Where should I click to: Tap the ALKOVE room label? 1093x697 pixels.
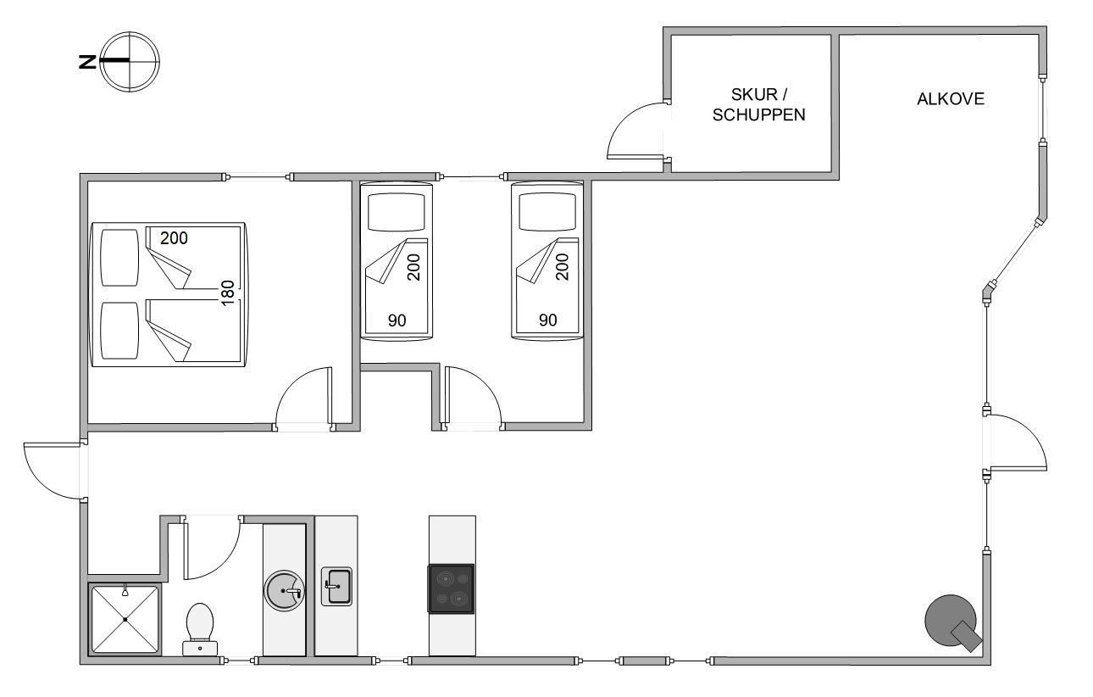tap(951, 99)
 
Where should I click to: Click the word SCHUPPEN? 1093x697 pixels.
tap(759, 114)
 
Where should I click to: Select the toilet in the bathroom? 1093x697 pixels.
tap(200, 628)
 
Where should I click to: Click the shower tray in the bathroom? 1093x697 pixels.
tap(125, 619)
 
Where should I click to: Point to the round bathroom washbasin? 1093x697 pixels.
tap(284, 590)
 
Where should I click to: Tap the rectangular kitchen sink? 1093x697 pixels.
tap(336, 586)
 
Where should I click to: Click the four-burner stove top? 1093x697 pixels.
tap(452, 588)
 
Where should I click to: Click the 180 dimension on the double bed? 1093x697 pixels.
tap(228, 293)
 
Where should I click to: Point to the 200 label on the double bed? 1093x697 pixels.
tap(174, 238)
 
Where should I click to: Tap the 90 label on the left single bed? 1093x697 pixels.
tap(397, 321)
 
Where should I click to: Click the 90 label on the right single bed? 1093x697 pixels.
tap(547, 320)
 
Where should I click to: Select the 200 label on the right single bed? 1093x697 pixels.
tap(562, 267)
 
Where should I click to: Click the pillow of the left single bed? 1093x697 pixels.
tap(397, 212)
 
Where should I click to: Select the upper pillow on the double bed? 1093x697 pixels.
tap(119, 258)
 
